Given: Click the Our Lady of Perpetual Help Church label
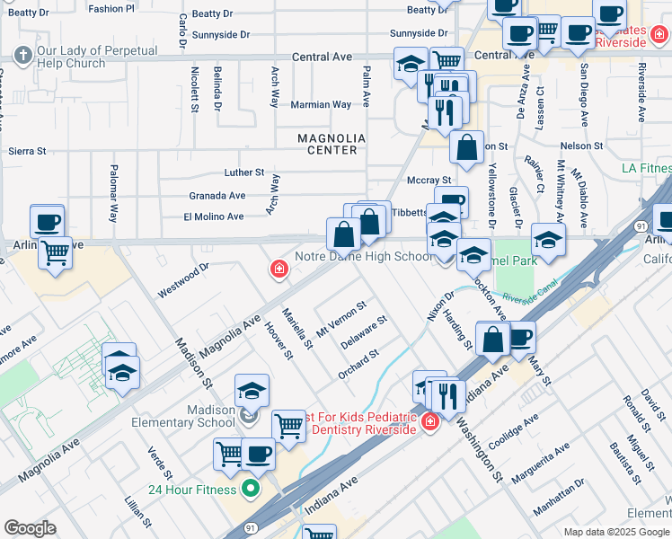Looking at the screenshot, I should pos(86,58).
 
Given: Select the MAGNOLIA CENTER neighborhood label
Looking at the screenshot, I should pos(332,144).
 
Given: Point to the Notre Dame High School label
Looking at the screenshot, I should pos(376,256).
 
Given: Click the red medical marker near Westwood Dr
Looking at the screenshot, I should pos(280,269).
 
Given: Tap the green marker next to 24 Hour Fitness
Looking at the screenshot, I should pos(251,490).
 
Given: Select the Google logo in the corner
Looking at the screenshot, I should pos(30,528).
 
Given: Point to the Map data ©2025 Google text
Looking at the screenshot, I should pos(615,532).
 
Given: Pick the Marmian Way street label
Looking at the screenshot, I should pos(321,104).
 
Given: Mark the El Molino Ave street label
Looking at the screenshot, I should pos(214,216).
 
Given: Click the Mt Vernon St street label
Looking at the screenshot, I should pos(341,319).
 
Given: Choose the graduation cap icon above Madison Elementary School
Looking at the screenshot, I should pos(252,390).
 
